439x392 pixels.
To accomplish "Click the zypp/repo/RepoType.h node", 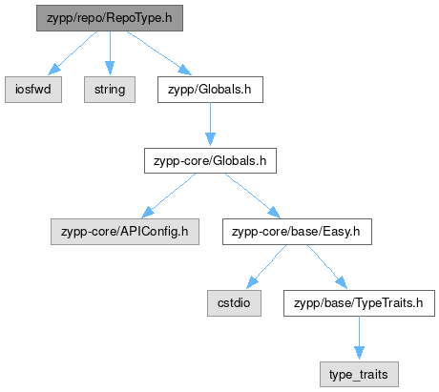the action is click(x=110, y=18).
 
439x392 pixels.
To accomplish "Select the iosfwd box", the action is click(x=33, y=90).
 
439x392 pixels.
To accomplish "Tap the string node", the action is click(x=110, y=90).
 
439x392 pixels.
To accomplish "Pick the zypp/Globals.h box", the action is click(x=210, y=90).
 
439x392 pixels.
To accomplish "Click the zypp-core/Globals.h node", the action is click(x=210, y=160).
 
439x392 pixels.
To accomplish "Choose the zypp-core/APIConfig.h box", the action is click(x=125, y=232).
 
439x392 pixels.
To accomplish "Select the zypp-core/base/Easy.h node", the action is click(x=297, y=232).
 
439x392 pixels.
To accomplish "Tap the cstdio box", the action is click(x=234, y=303).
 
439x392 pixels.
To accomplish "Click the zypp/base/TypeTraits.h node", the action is click(x=359, y=303).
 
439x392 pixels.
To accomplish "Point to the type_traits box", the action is click(x=359, y=374).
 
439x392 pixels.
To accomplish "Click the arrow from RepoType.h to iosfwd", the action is click(x=73, y=53).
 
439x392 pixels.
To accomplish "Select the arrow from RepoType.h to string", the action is click(x=110, y=53).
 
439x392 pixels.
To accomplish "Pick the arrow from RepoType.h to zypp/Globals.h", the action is click(x=158, y=52).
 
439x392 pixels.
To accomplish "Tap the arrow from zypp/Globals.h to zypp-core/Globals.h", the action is click(x=210, y=124).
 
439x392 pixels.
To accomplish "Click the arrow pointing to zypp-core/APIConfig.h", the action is click(x=169, y=196).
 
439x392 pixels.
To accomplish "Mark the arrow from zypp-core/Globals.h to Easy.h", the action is click(x=253, y=196).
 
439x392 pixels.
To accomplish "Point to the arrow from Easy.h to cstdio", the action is click(x=266, y=266).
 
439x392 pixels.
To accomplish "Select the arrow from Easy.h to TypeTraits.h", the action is click(x=326, y=266).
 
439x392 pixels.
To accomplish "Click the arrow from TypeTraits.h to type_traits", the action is click(x=359, y=338).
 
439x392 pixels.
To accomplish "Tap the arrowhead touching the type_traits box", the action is click(x=359, y=353).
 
